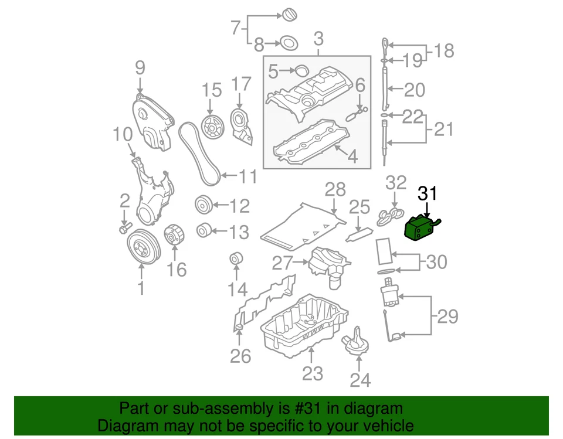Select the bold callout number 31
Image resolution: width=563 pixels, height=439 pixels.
[x=427, y=194]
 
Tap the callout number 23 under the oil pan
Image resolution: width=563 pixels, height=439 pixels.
[x=313, y=373]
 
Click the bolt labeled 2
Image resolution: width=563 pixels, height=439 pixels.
[x=124, y=227]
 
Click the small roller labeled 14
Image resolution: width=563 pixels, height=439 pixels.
[x=236, y=259]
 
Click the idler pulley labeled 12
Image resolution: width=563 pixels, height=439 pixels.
[x=203, y=206]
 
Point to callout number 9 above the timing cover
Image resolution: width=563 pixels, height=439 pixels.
[x=140, y=68]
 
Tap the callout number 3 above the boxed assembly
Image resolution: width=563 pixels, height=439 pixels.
[x=318, y=40]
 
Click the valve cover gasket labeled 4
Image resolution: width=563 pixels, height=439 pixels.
[x=311, y=143]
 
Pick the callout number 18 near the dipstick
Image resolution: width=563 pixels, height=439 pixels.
[x=445, y=51]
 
